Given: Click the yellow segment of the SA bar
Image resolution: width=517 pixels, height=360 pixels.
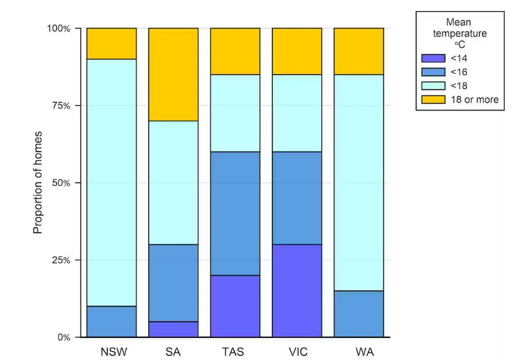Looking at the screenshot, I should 173,74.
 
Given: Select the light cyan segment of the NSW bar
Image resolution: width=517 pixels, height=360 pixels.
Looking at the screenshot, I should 111,182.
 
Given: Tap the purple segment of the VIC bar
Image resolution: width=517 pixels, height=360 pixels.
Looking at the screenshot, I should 297,291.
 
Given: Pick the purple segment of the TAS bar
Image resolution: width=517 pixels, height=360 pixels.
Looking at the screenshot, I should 235,306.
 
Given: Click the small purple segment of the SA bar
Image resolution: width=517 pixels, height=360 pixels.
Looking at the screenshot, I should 173,329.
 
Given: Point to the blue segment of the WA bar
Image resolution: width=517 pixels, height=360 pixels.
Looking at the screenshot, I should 359,314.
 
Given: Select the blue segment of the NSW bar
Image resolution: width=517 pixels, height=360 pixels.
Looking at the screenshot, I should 111,321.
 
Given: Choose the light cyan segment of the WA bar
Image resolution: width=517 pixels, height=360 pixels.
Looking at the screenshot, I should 359,182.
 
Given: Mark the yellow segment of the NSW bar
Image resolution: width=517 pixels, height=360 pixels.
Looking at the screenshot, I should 111,43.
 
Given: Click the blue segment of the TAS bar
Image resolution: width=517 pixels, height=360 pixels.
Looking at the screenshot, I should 235,213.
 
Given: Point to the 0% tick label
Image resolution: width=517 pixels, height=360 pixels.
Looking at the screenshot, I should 62,337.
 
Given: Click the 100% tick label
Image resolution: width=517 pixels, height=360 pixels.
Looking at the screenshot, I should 58,28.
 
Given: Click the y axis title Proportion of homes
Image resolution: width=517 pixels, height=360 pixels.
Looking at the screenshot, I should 38,182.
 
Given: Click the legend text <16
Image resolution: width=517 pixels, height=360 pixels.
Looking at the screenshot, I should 459,72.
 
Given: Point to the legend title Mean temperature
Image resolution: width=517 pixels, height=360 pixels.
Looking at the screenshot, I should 459,28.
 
